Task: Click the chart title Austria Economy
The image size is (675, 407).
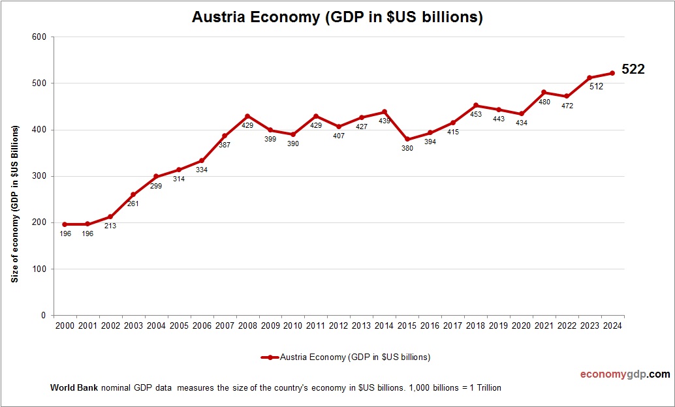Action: (x=337, y=17)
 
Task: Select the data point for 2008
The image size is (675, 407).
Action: (x=247, y=116)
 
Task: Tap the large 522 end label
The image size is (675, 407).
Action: (x=633, y=69)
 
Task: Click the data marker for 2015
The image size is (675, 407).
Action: (x=407, y=139)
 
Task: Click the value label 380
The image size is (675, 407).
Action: (x=407, y=149)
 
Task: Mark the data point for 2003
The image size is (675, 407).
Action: (x=133, y=194)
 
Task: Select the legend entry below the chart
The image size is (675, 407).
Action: (x=345, y=357)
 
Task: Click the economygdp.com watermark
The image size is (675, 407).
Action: (x=625, y=374)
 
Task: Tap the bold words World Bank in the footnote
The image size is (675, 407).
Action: (x=74, y=387)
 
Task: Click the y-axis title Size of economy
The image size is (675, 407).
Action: (x=14, y=205)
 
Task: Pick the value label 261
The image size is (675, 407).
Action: (x=133, y=204)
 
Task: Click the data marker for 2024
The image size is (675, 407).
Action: (x=612, y=73)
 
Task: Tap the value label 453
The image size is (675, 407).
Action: (x=476, y=115)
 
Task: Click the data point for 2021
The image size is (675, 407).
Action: (x=544, y=93)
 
